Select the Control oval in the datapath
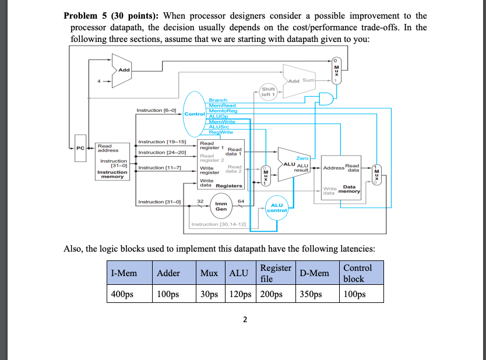coord(193,114)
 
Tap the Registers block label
coord(229,186)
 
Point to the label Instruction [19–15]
coord(161,142)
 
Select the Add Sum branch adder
coord(301,81)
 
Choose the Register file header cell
coord(275,273)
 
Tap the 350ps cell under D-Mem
coord(316,294)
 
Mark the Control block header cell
coord(361,273)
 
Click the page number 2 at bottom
coord(245,319)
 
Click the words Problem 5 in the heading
coord(86,16)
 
